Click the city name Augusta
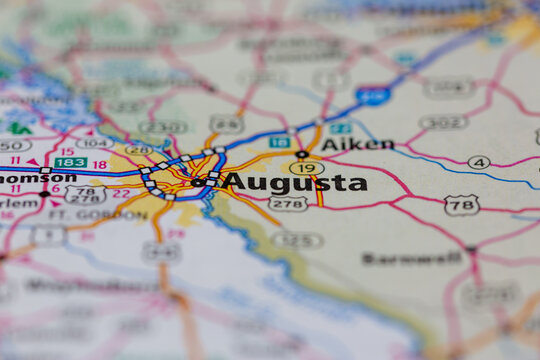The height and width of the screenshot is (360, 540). tap(294, 182)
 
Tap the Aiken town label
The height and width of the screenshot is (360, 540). tap(357, 144)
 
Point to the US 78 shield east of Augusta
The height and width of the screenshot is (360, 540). tap(461, 204)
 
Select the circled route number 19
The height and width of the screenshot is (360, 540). tap(306, 168)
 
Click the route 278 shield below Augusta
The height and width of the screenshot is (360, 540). tap(288, 203)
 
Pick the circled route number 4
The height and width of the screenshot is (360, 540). tap(479, 162)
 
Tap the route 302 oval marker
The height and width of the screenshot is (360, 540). tap(444, 122)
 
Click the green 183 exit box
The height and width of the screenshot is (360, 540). tap(70, 162)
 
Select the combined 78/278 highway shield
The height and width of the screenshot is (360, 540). tap(85, 194)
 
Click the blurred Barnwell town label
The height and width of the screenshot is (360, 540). tap(398, 258)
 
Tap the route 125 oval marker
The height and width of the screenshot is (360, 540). tap(298, 240)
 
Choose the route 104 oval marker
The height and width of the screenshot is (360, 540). tap(94, 144)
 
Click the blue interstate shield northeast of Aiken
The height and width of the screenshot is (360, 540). tap(372, 96)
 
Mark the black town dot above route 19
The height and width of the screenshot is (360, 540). tap(302, 154)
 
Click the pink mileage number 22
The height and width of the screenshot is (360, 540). tap(121, 193)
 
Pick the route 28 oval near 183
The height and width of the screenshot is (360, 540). tap(138, 151)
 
